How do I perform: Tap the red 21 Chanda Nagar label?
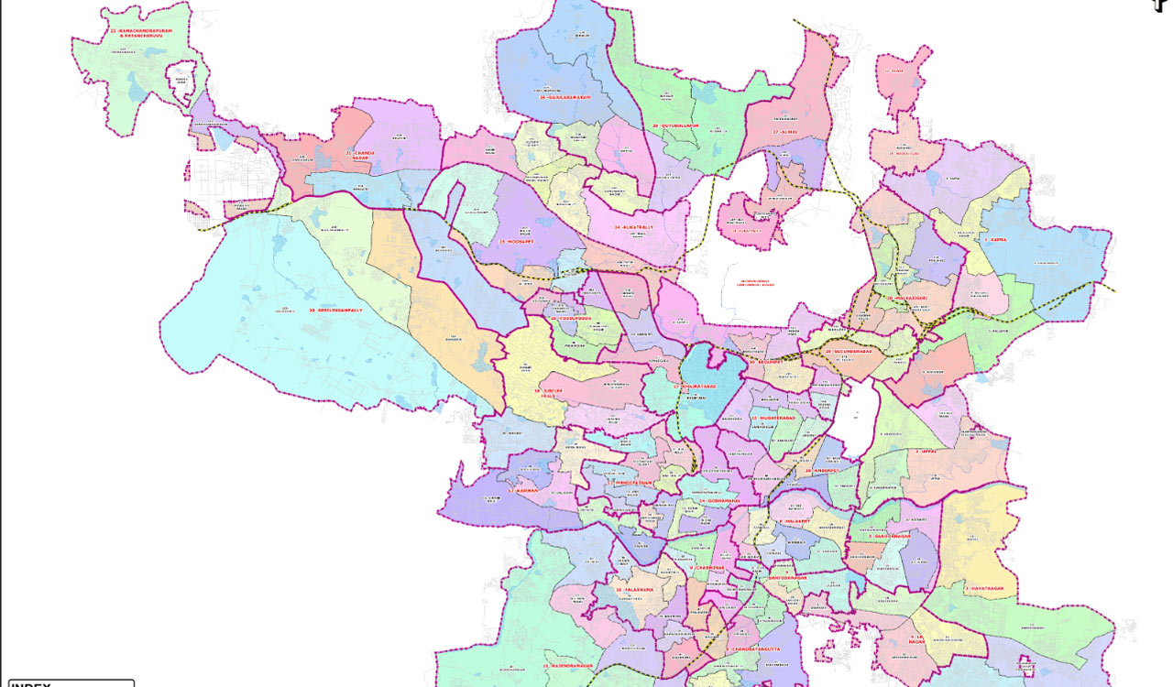362,155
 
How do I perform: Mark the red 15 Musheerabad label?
775,418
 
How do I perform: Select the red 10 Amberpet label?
822,471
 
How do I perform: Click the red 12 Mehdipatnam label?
633,482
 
